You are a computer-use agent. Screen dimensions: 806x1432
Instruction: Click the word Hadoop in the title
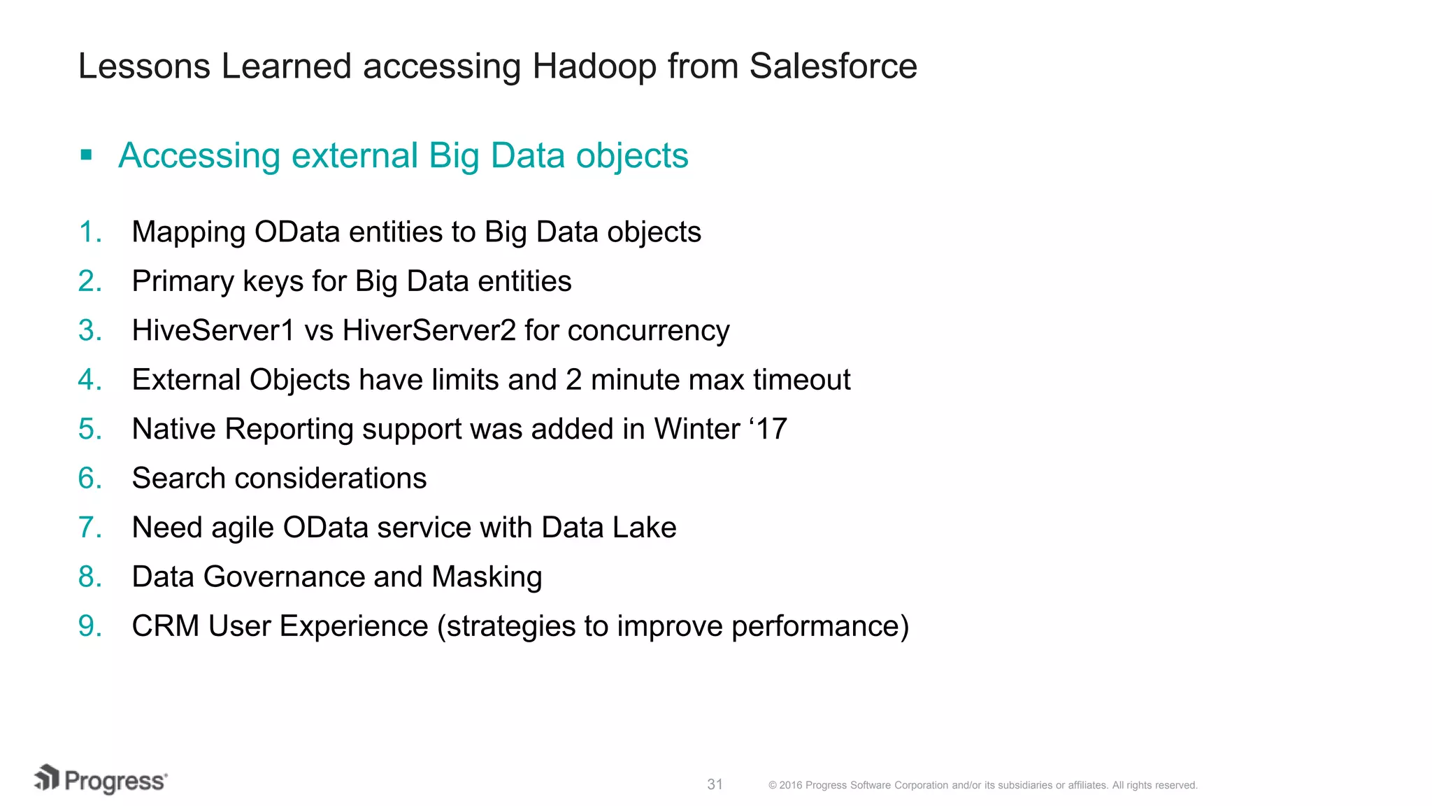(594, 67)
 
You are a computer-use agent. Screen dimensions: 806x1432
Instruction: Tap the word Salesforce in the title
(833, 67)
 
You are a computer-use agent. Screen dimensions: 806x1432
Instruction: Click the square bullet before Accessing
(87, 155)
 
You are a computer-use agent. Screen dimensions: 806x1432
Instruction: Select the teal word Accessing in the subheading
(199, 156)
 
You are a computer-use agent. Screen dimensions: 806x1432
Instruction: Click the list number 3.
(89, 331)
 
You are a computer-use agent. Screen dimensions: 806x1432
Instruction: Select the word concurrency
(648, 331)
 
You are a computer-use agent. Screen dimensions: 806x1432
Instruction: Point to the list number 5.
(89, 430)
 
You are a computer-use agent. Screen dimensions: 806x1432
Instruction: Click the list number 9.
(89, 626)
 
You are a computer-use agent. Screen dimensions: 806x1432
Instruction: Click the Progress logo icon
(47, 778)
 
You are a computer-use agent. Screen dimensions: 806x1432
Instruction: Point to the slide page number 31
(715, 784)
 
